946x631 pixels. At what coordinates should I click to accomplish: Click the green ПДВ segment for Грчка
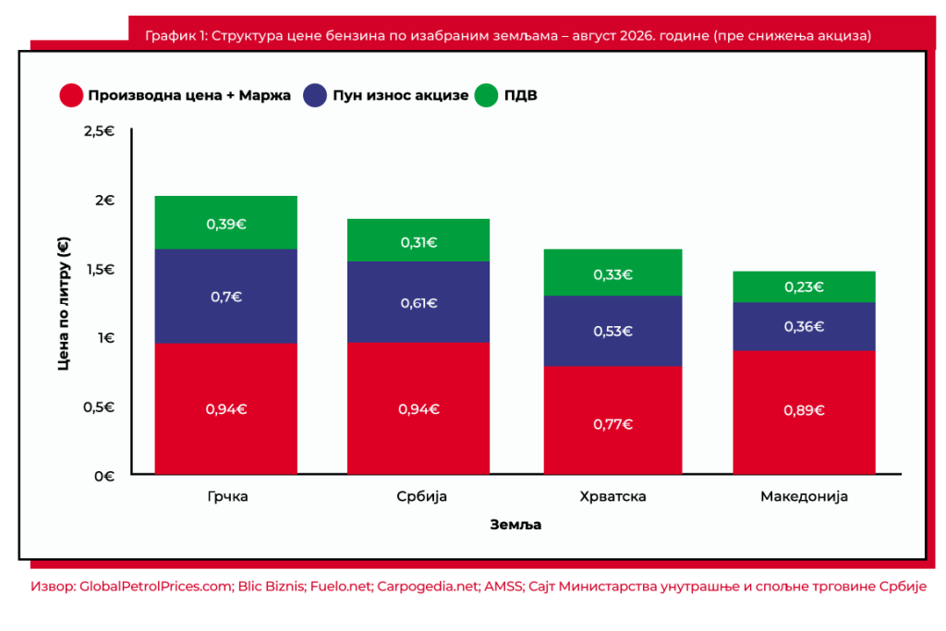225,223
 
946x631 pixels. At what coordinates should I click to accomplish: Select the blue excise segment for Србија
418,301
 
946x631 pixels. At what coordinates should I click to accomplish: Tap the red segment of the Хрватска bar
613,419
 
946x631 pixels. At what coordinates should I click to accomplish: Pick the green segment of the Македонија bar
805,286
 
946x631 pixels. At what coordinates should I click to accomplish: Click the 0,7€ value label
226,297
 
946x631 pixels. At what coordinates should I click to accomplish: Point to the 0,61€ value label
418,303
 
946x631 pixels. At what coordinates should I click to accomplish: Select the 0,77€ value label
613,424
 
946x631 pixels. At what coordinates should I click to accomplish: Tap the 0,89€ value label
805,410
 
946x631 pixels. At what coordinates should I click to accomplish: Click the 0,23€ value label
805,286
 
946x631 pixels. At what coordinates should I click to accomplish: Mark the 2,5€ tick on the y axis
99,131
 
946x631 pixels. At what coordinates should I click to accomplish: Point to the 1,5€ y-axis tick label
100,269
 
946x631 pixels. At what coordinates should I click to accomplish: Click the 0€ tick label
104,476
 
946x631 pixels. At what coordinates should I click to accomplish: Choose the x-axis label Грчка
227,496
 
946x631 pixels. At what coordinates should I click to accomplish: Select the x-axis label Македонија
805,496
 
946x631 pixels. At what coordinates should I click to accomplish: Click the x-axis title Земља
515,525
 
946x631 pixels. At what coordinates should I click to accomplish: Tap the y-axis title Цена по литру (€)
64,303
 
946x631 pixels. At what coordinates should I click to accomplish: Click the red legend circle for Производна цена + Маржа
71,95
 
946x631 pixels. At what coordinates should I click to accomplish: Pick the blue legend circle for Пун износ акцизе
315,95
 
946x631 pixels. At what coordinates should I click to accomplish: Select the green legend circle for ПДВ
486,95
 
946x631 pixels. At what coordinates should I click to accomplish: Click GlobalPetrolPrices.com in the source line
156,587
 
